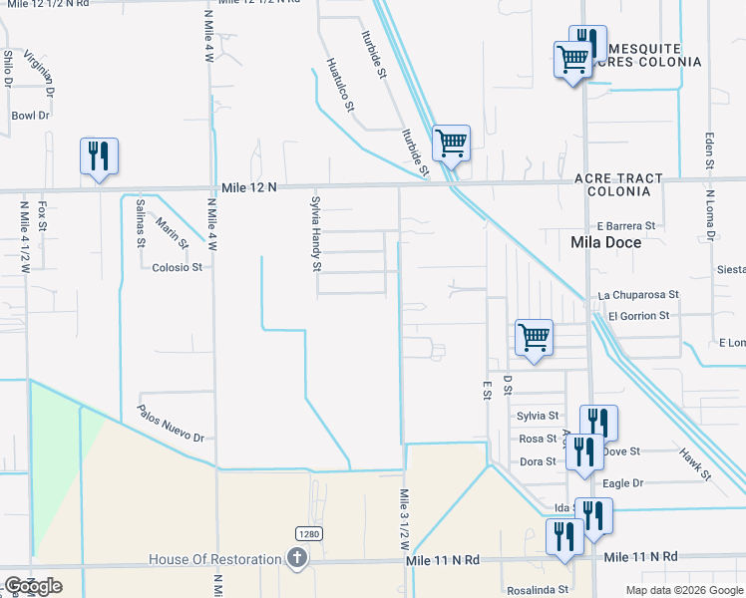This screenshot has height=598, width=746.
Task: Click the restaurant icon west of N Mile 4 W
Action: pyautogui.click(x=99, y=156)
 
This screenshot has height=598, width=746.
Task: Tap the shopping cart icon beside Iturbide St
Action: pyautogui.click(x=451, y=144)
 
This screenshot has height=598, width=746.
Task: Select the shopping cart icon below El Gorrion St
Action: pyautogui.click(x=535, y=338)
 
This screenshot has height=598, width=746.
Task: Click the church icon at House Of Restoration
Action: pyautogui.click(x=296, y=559)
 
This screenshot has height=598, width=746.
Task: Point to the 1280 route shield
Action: pyautogui.click(x=307, y=535)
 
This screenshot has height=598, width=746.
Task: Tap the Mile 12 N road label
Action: pyautogui.click(x=249, y=187)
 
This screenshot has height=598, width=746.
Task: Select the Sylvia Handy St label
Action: pyautogui.click(x=316, y=233)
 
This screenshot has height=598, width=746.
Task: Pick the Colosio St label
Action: pyautogui.click(x=178, y=267)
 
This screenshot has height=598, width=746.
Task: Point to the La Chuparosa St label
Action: pyautogui.click(x=638, y=295)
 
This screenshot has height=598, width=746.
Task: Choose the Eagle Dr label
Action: pyautogui.click(x=623, y=483)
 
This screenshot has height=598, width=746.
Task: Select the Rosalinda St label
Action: pyautogui.click(x=537, y=589)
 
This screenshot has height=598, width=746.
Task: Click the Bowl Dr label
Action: pyautogui.click(x=31, y=116)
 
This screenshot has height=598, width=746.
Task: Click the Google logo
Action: pyautogui.click(x=33, y=586)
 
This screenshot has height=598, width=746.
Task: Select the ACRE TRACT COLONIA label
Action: pyautogui.click(x=618, y=184)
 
